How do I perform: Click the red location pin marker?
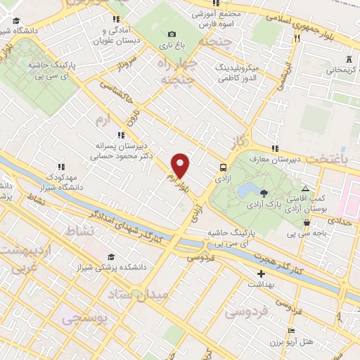[181, 165]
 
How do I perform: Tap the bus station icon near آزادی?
[223, 167]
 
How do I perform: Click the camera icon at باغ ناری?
[172, 34]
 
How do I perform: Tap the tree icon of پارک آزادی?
[263, 193]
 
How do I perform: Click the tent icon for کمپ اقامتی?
[305, 188]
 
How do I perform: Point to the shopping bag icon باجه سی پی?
[307, 223]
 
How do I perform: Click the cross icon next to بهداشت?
[261, 274]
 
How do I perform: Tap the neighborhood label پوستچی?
[84, 319]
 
